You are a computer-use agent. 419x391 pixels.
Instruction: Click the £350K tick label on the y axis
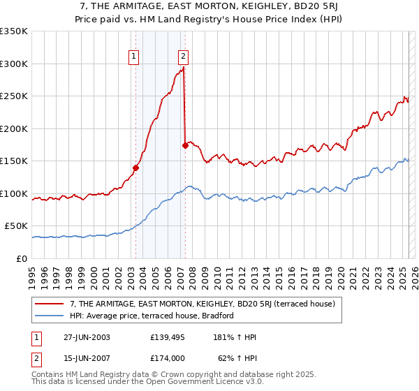point(13,31)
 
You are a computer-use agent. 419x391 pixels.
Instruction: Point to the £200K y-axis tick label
point(13,128)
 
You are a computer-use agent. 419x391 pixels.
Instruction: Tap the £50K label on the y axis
point(16,226)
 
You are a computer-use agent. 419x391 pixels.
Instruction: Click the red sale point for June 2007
point(185,145)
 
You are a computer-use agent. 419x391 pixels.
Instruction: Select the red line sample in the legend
point(50,304)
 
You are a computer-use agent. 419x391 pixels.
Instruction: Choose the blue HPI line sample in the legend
point(50,316)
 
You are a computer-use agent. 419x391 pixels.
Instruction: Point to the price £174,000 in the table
point(168,357)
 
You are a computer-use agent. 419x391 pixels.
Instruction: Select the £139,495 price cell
point(168,337)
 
